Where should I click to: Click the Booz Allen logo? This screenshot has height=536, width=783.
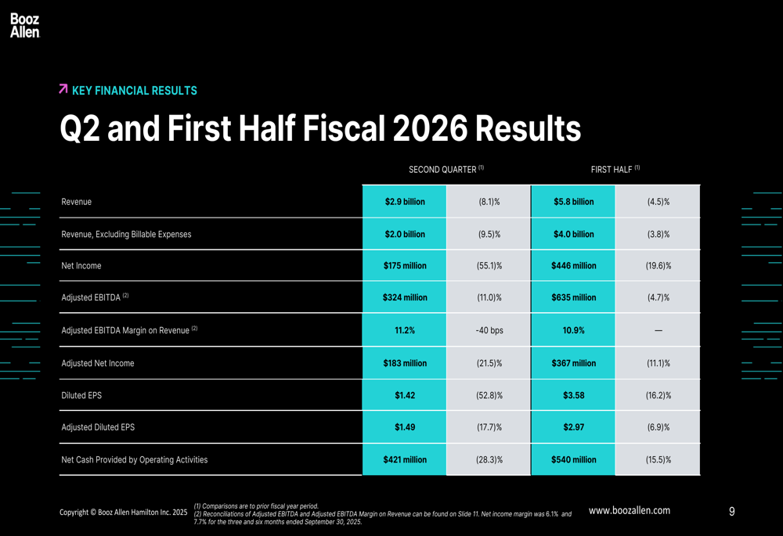click(x=25, y=26)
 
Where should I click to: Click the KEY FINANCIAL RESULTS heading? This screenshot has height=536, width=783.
click(x=134, y=91)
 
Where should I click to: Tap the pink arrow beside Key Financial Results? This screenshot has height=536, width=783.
click(x=63, y=90)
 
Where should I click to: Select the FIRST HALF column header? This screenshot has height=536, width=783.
click(x=615, y=169)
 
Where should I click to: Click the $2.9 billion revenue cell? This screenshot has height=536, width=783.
click(x=405, y=202)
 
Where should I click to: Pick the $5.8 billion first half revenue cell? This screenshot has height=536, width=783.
click(x=573, y=202)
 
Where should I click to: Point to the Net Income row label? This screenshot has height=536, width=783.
click(x=81, y=266)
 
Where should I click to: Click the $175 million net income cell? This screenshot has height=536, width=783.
click(x=405, y=266)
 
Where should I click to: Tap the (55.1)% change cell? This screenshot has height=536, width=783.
click(x=489, y=266)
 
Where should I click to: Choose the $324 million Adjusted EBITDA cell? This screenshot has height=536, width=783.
click(x=405, y=297)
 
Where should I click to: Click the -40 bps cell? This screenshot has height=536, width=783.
click(x=489, y=330)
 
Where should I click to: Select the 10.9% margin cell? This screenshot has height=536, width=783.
click(x=573, y=330)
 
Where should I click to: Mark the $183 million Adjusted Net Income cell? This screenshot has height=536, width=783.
click(x=405, y=363)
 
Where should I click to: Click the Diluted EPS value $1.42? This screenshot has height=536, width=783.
click(x=405, y=396)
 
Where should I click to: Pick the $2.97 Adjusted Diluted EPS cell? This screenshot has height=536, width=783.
click(x=573, y=427)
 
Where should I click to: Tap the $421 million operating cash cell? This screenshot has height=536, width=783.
click(x=405, y=460)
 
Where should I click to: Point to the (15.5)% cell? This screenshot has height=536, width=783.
click(x=658, y=460)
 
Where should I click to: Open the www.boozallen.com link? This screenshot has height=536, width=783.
click(x=629, y=510)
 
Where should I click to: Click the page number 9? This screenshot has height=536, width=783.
click(x=731, y=512)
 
